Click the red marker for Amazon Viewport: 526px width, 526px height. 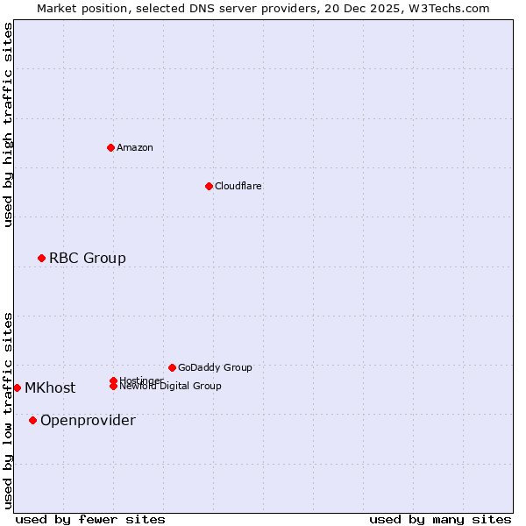click(110, 147)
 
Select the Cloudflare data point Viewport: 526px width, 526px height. click(209, 186)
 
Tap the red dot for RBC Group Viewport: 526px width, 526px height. click(41, 258)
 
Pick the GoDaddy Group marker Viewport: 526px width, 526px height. click(172, 367)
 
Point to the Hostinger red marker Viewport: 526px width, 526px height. click(113, 380)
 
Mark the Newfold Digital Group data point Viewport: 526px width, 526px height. click(113, 387)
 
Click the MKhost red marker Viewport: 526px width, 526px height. click(17, 387)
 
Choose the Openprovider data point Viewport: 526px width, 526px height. click(32, 420)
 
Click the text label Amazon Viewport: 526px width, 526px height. click(134, 147)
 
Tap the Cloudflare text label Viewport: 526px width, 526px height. click(238, 186)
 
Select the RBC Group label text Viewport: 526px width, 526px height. click(87, 258)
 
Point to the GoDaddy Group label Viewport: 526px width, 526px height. click(214, 367)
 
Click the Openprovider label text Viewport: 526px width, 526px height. click(88, 420)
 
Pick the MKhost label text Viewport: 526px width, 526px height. click(50, 387)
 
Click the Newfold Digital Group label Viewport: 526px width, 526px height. click(170, 387)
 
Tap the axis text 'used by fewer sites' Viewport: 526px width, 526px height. click(90, 519)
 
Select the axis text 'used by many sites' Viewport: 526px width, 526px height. click(440, 519)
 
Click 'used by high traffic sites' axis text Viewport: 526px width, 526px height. click(8, 124)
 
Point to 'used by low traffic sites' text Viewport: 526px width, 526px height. click(8, 409)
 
